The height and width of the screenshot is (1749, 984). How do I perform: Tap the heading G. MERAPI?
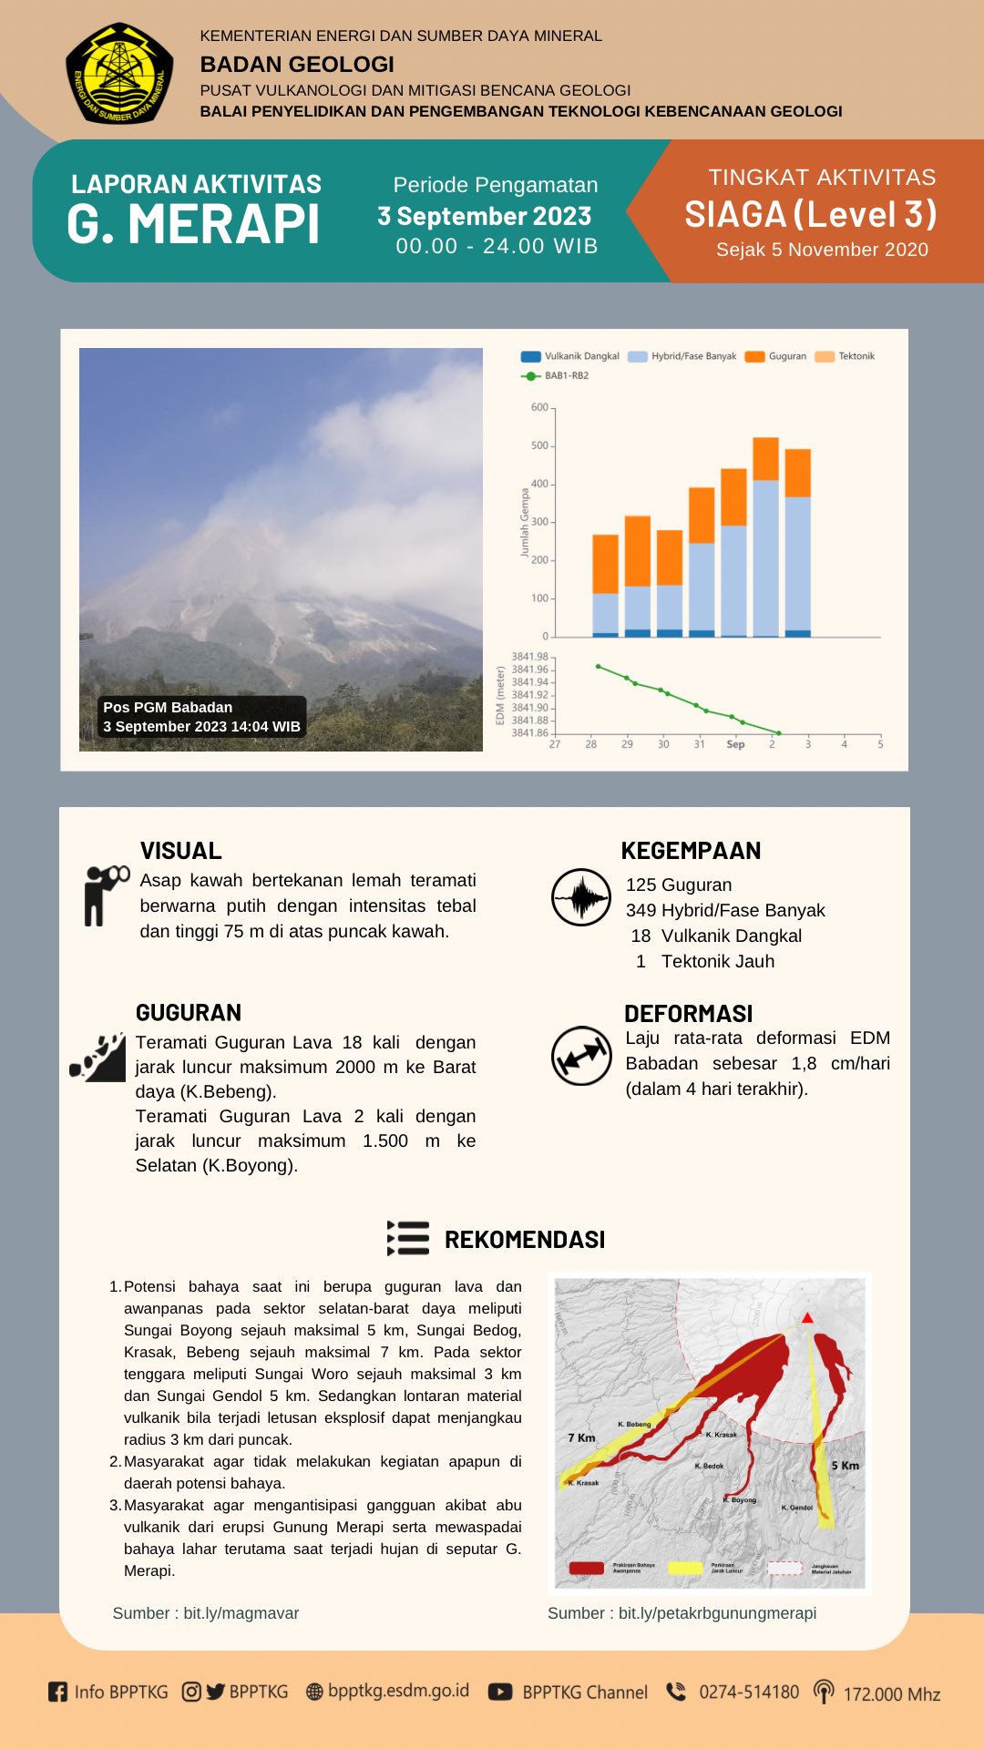click(x=194, y=225)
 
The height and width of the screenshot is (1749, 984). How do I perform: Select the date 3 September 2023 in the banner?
click(x=485, y=217)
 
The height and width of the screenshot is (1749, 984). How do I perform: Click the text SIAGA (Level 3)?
click(x=811, y=215)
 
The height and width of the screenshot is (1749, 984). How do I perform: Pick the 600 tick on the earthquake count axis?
click(x=540, y=407)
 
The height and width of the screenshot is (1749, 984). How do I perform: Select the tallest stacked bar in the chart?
click(x=765, y=537)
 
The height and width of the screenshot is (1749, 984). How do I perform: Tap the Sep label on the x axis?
click(x=735, y=744)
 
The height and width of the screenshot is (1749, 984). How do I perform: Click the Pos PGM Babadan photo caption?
click(x=201, y=717)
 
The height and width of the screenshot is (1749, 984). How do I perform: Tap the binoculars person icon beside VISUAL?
click(x=105, y=895)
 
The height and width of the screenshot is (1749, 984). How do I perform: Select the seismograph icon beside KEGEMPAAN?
click(x=581, y=897)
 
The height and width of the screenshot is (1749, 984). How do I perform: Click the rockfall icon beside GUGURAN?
click(x=98, y=1058)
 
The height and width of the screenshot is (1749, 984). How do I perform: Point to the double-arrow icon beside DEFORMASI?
click(x=581, y=1056)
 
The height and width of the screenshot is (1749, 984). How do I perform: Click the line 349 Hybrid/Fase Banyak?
click(x=725, y=910)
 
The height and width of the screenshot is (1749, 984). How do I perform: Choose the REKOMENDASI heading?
click(x=524, y=1240)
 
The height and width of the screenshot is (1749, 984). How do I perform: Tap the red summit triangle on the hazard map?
click(x=807, y=1317)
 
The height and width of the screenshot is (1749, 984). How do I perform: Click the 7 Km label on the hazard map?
click(x=581, y=1437)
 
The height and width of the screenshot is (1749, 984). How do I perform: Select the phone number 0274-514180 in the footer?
click(x=748, y=1692)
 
